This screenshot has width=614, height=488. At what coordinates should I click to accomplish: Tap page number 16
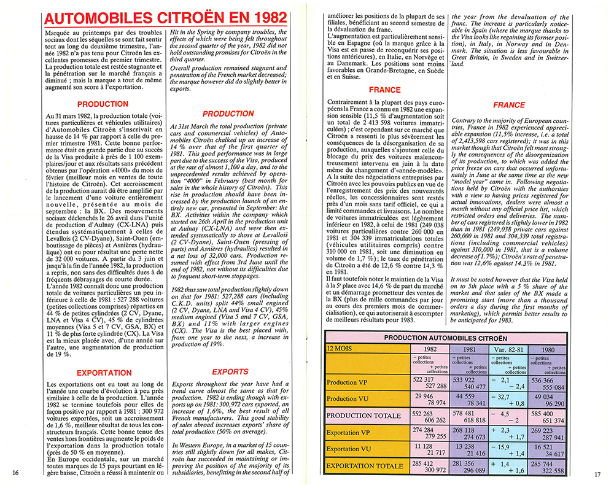pyautogui.click(x=16, y=473)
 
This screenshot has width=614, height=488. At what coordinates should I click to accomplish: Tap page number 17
pyautogui.click(x=599, y=473)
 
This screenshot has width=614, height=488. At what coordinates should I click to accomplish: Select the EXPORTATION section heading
pyautogui.click(x=104, y=373)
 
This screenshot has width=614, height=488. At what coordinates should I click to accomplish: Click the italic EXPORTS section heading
pyautogui.click(x=230, y=371)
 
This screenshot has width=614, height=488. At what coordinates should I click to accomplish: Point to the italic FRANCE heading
pyautogui.click(x=509, y=105)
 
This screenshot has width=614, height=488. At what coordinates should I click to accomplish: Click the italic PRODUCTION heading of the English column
pyautogui.click(x=228, y=114)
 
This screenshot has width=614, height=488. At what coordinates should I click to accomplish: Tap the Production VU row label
pyautogui.click(x=348, y=400)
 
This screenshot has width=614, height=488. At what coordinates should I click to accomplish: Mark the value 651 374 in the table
pyautogui.click(x=553, y=420)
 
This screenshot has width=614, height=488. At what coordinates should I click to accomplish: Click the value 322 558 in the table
pyautogui.click(x=553, y=470)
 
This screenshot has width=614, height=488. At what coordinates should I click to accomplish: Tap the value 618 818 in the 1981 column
pyautogui.click(x=473, y=420)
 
